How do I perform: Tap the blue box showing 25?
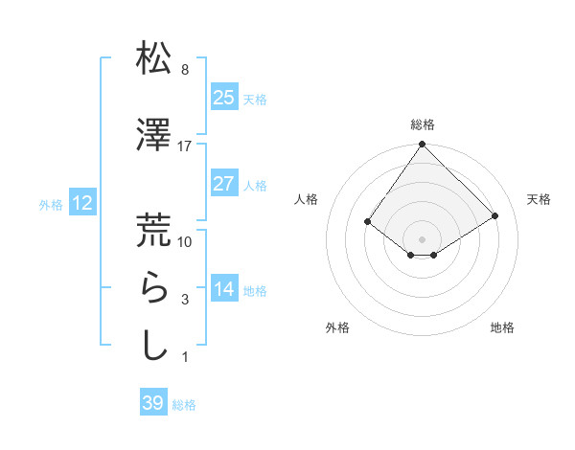pos(224,98)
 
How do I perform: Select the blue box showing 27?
pos(224,184)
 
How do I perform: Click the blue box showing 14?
pos(224,289)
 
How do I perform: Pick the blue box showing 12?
pos(82,203)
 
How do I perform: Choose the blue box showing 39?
pos(153,403)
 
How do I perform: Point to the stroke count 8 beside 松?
pos(184,70)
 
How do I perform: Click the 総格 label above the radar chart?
pos(423,124)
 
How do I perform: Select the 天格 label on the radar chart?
pos(540,199)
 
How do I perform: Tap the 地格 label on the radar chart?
pos(502,327)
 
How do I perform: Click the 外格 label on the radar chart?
pos(337,327)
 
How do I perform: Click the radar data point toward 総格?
pos(423,146)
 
